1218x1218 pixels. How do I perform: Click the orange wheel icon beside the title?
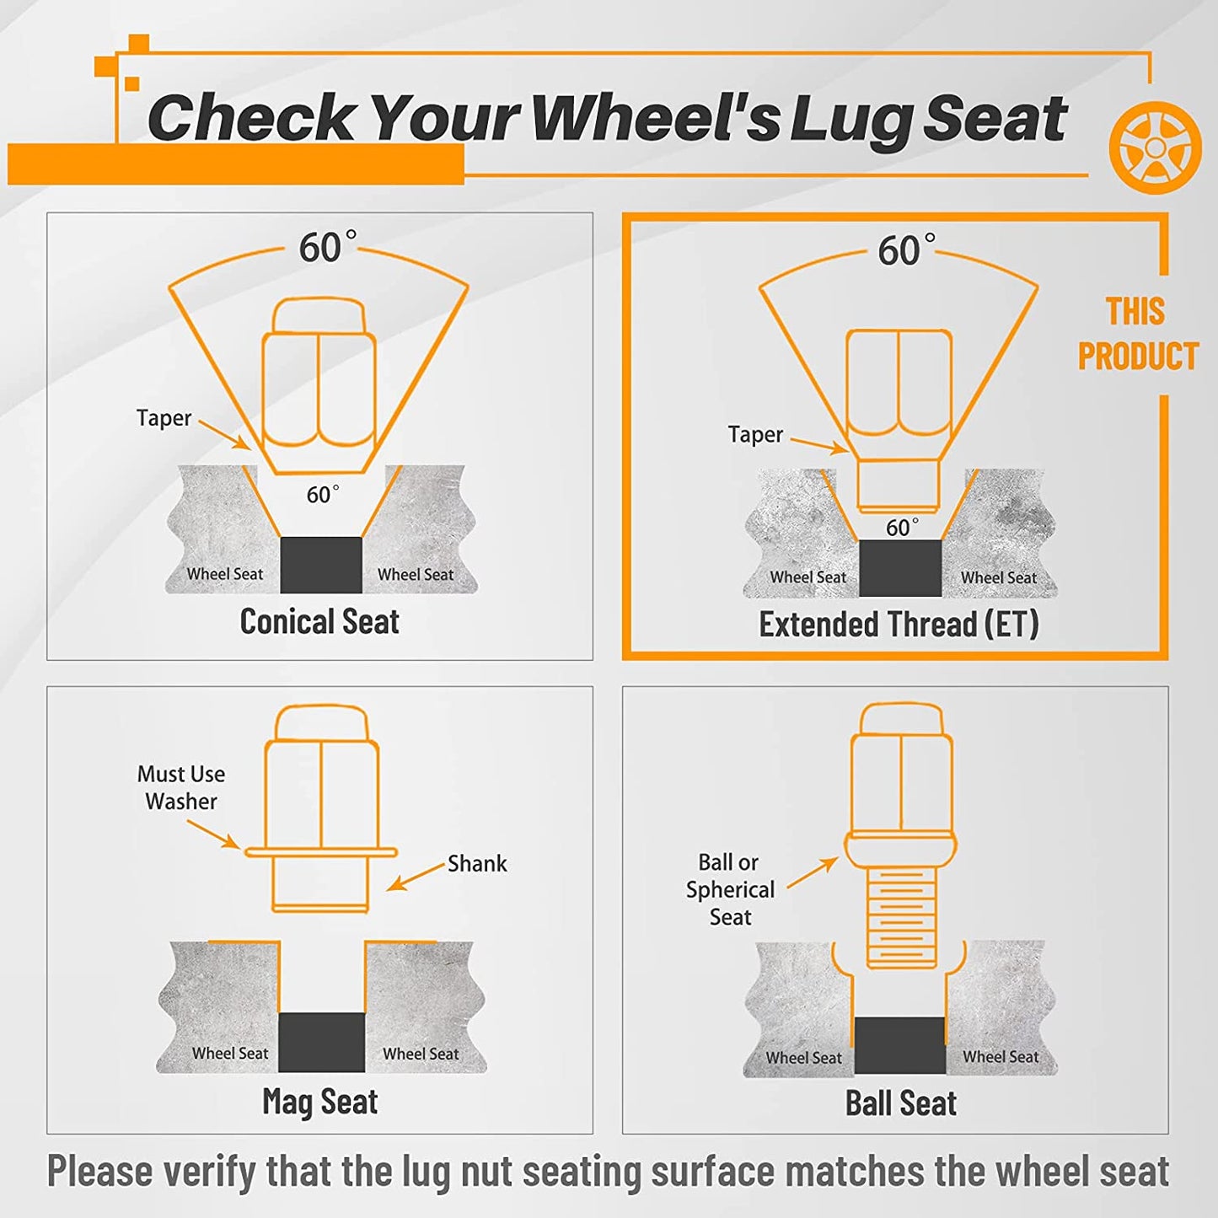[1155, 147]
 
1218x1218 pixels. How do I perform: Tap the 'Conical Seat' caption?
[319, 621]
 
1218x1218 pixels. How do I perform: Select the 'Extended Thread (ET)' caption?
[899, 625]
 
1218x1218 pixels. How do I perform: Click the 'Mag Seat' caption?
[319, 1101]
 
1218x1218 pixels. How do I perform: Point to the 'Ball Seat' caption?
[901, 1103]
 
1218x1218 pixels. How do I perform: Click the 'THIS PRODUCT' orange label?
[1138, 334]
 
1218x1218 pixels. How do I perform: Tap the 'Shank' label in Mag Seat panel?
[477, 863]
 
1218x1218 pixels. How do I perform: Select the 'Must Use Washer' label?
[180, 787]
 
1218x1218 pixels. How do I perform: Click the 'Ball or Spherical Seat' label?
[730, 889]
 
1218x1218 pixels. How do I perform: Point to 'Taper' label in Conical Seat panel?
[164, 418]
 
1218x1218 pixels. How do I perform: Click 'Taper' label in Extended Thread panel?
[755, 434]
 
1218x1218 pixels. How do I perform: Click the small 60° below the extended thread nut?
[902, 527]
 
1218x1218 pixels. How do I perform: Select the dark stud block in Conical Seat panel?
[321, 565]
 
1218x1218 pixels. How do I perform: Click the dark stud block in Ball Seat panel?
[900, 1045]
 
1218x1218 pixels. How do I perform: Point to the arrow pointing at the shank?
[416, 877]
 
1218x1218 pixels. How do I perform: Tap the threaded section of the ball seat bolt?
[901, 917]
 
